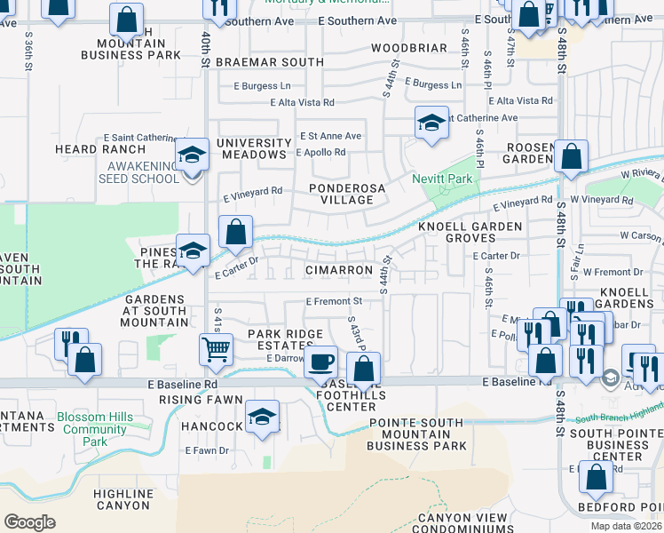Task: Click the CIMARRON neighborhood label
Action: [x=338, y=269]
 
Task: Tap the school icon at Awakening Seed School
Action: [x=191, y=155]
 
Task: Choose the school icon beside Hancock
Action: [x=262, y=416]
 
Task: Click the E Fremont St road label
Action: [x=333, y=302]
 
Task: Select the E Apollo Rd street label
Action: [x=320, y=152]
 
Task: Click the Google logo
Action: [x=29, y=521]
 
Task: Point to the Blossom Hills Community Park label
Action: [x=94, y=428]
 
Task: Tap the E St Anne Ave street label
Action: [x=330, y=136]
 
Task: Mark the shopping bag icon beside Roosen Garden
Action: [x=571, y=156]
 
